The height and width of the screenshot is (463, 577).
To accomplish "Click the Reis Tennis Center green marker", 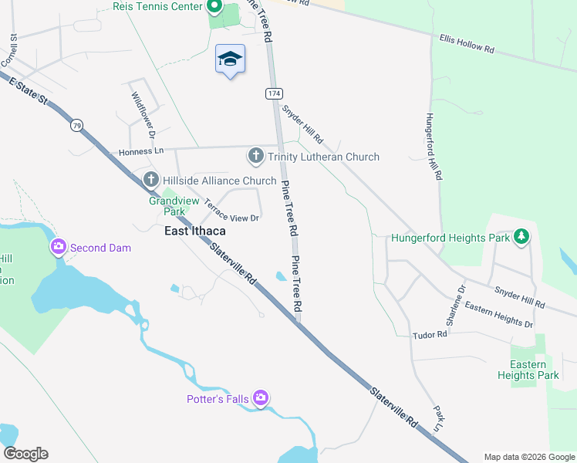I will coord(214,8).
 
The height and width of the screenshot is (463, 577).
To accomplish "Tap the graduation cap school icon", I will coord(229,59).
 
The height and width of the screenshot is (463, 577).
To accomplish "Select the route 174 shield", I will coord(274,93).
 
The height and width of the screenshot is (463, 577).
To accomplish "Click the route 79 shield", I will coord(76,125).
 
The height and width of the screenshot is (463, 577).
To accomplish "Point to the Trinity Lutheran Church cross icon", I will coord(256,157).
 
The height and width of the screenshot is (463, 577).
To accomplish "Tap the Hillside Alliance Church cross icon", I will coord(151,181).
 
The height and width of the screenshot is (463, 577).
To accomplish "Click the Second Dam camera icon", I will coord(58,248).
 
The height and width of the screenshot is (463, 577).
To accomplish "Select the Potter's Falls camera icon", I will coord(261,398).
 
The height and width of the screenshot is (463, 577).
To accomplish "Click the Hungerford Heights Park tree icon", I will coord(522,236).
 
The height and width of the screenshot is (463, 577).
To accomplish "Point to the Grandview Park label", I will coord(167,205).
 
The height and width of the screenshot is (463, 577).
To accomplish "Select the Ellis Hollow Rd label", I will coord(467,42).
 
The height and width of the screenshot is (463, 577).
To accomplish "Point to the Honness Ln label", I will coord(142,152).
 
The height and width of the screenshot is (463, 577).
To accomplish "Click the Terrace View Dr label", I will coord(231,211).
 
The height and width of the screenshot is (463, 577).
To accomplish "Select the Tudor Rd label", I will coord(430,335).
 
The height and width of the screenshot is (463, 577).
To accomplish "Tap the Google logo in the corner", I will coord(25,454).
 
